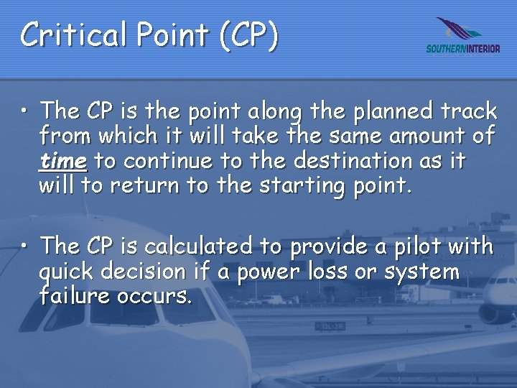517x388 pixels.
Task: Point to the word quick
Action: tap(70, 272)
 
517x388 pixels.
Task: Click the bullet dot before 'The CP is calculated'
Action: tap(25, 248)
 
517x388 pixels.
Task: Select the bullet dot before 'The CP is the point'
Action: tap(25, 113)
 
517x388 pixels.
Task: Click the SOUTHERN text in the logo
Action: tap(446, 49)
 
